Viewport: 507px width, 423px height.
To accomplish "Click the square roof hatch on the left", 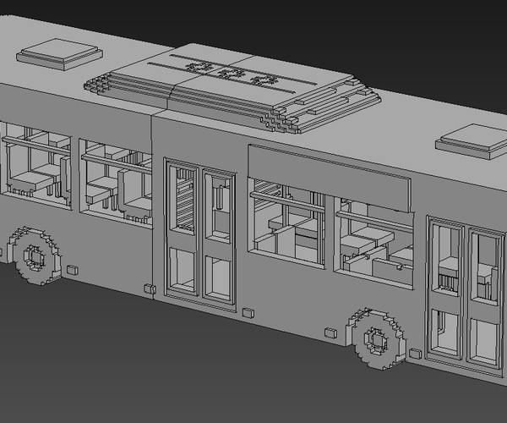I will coord(59,53).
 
